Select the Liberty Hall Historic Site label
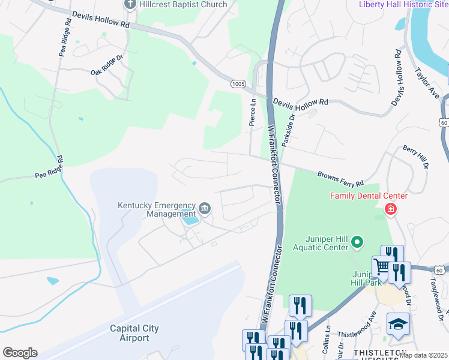[403, 5]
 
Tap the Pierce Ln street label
[253, 112]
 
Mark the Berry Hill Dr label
[418, 157]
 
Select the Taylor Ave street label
[427, 83]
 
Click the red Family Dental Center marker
[391, 209]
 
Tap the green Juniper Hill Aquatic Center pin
[357, 242]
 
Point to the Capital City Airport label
[129, 333]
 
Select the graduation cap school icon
[397, 324]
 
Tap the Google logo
[20, 353]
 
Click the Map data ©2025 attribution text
[423, 355]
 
